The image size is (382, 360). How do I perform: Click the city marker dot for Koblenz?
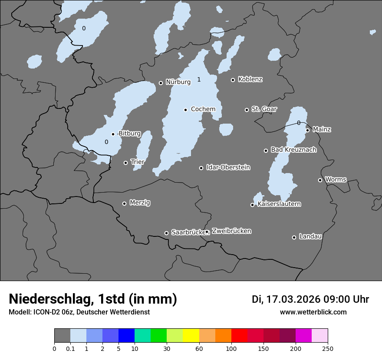click(x=233, y=80)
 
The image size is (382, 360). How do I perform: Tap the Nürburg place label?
click(x=178, y=82)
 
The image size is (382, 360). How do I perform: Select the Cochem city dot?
click(x=185, y=110)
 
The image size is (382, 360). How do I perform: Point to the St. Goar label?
click(x=264, y=109)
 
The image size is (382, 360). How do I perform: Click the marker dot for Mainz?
click(x=307, y=130)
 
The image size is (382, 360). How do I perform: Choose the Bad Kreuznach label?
click(x=293, y=150)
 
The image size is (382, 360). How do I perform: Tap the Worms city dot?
click(x=320, y=180)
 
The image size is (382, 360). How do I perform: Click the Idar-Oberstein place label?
click(x=228, y=167)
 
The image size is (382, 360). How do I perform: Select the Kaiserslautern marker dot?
click(x=252, y=205)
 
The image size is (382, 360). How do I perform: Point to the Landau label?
click(x=310, y=236)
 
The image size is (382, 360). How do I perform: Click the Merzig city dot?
click(x=124, y=203)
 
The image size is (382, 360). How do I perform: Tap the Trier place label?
click(x=138, y=162)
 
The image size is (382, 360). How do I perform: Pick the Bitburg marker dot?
click(x=113, y=134)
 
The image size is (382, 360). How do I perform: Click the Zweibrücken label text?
click(x=231, y=231)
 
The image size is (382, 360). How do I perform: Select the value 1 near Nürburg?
click(x=199, y=79)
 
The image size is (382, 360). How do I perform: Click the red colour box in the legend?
click(x=239, y=336)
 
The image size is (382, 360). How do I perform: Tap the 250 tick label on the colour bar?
click(x=327, y=348)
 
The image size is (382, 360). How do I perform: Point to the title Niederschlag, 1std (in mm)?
click(x=93, y=299)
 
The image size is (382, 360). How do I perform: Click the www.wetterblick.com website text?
click(x=313, y=312)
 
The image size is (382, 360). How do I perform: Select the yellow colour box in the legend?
click(x=191, y=336)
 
